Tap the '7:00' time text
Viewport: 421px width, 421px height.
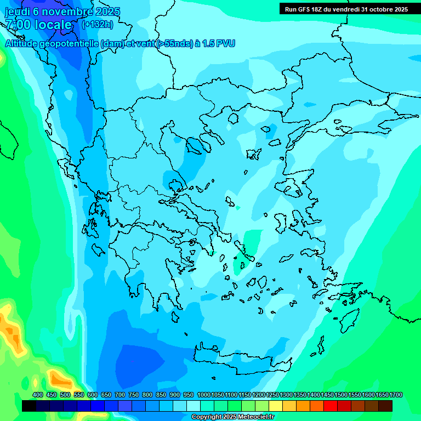18,25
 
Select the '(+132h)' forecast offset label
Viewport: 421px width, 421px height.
97,25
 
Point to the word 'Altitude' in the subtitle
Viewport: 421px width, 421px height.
25,43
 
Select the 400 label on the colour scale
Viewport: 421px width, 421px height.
37,395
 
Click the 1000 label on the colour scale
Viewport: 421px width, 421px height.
203,395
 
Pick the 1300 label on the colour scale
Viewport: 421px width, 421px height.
286,395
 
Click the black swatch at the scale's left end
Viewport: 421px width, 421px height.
29,406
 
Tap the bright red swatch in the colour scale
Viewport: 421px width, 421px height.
331,406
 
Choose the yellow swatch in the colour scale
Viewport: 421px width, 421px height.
276,406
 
